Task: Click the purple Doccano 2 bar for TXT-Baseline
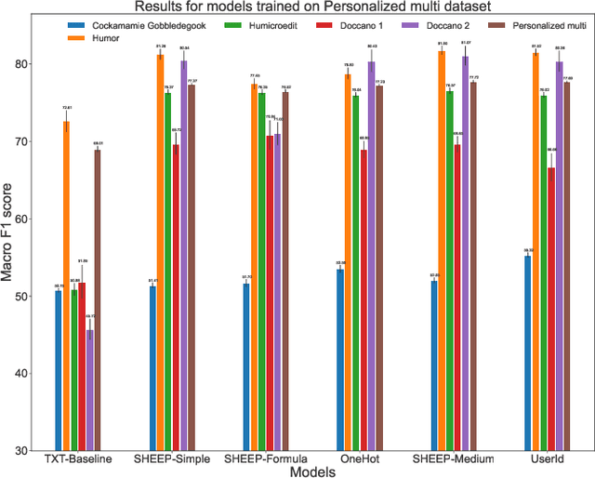[x=89, y=390]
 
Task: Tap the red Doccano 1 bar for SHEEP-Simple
[x=176, y=297]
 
